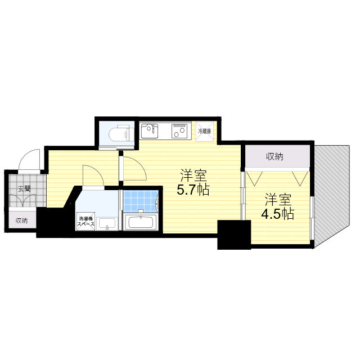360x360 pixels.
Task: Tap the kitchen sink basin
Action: click(150, 131)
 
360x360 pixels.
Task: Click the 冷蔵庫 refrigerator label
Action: click(205, 131)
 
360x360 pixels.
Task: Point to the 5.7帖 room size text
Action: click(193, 190)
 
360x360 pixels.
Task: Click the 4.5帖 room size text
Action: click(278, 214)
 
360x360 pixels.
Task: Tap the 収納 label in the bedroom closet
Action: click(274, 157)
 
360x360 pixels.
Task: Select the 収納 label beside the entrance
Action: click(21, 220)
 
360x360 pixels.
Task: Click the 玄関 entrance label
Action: click(24, 189)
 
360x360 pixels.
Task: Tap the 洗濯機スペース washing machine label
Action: click(85, 221)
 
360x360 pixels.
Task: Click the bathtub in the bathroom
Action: click(140, 222)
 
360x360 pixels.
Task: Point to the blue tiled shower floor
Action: click(140, 201)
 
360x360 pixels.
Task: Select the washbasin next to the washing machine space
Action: click(107, 223)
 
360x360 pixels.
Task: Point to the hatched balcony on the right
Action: click(332, 195)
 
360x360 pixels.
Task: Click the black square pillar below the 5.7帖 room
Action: click(234, 235)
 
